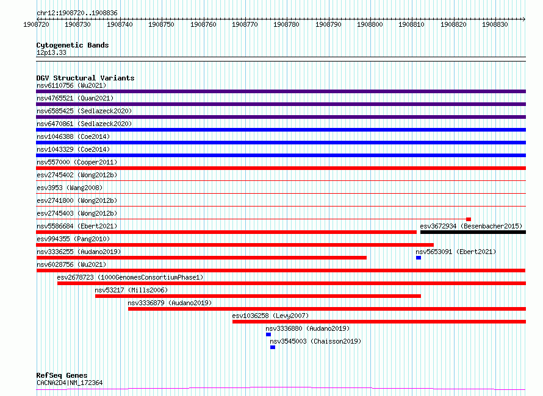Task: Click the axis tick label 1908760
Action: tap(203, 24)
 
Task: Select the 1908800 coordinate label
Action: tap(370, 24)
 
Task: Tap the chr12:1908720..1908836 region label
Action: tap(77, 13)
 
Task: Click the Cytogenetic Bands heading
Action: tap(73, 45)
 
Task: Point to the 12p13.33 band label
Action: tap(51, 52)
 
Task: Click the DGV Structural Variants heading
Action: tap(85, 78)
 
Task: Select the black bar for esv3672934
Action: tap(473, 232)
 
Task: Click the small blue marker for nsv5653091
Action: tap(419, 258)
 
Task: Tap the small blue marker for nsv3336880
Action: tap(268, 334)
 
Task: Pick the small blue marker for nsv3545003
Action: tap(273, 347)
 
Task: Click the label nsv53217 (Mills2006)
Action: tap(131, 290)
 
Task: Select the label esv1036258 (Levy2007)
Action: tap(270, 316)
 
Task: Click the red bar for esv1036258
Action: tap(379, 322)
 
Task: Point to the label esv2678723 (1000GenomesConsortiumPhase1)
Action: tap(130, 277)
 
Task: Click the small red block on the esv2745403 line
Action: tap(469, 219)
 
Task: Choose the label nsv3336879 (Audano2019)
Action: tap(170, 303)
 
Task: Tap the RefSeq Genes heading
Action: tap(62, 375)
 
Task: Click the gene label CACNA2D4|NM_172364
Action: tap(70, 383)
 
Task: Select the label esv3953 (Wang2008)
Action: tap(70, 188)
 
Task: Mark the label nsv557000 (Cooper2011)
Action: tap(77, 162)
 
